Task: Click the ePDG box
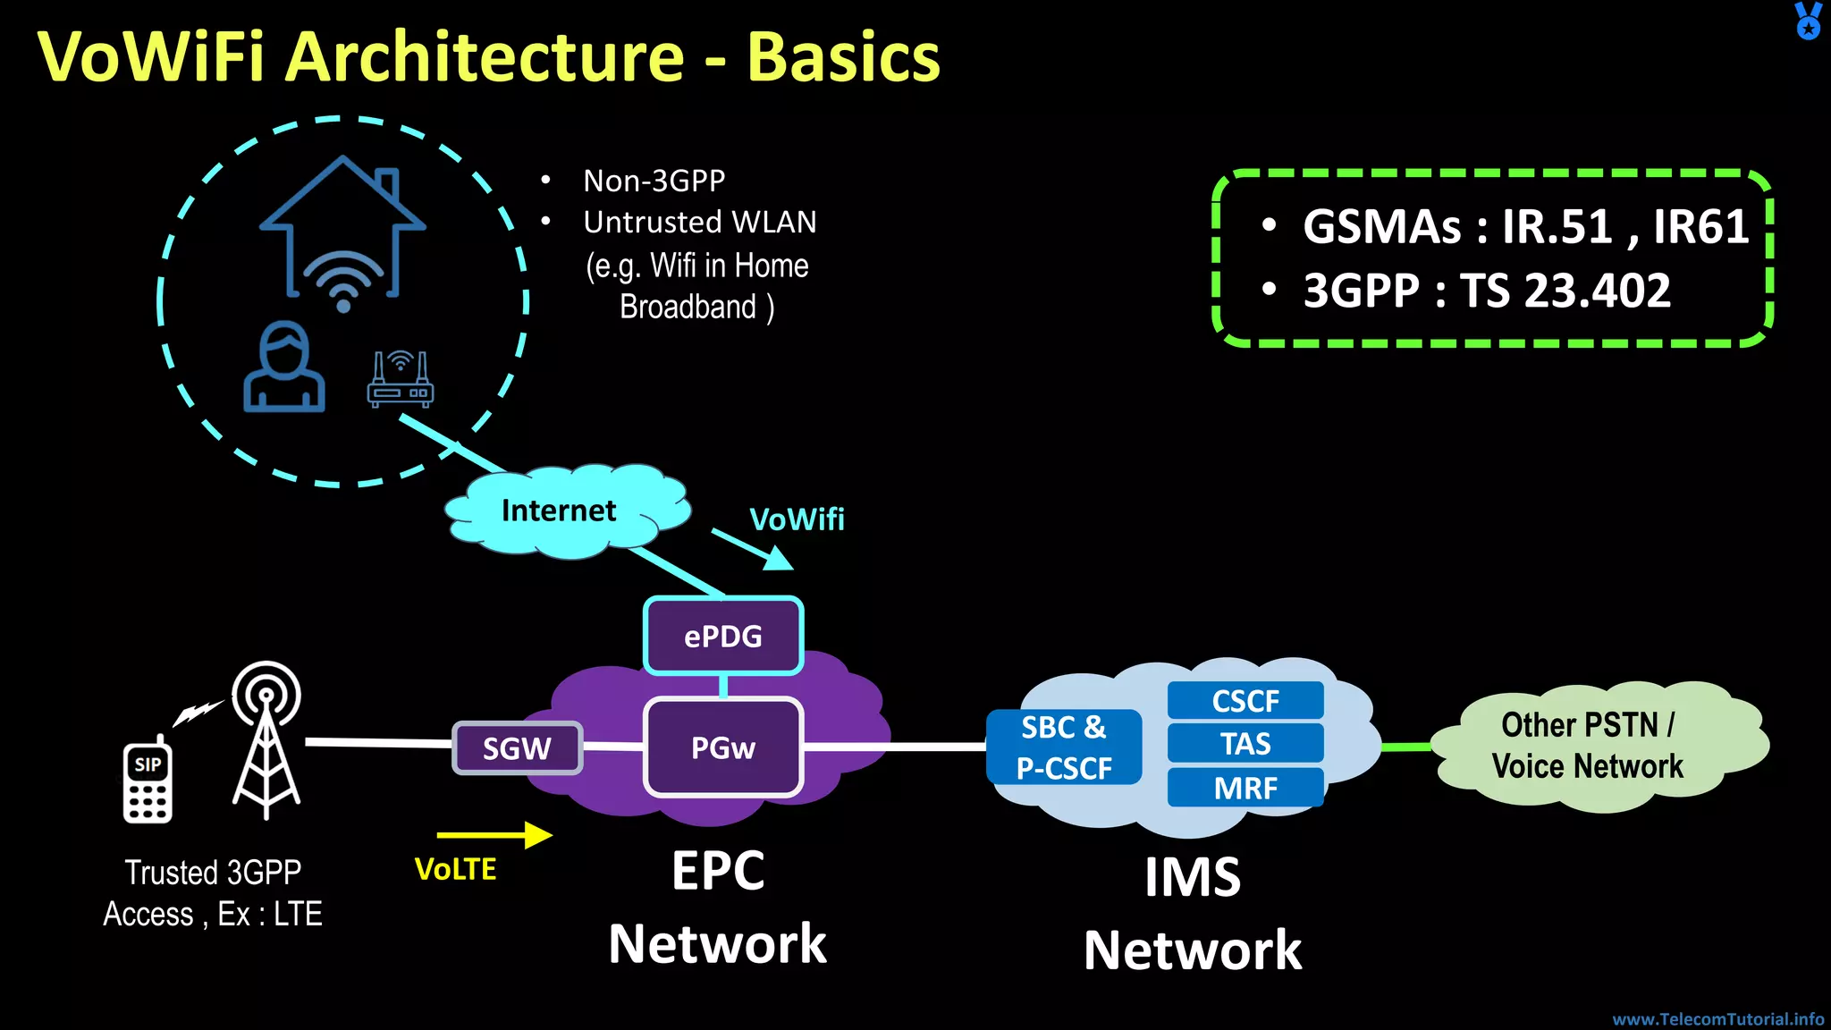point(722,636)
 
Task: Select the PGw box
point(722,747)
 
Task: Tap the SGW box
point(517,747)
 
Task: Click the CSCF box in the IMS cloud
point(1245,700)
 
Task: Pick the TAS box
point(1245,743)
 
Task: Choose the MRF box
point(1245,788)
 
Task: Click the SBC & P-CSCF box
point(1063,747)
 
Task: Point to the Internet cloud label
point(559,511)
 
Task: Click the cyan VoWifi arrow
point(753,548)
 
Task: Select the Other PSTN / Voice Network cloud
point(1587,746)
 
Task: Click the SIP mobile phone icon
point(148,781)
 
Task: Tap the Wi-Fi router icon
point(400,380)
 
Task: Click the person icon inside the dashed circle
point(284,367)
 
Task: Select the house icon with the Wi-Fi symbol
point(342,232)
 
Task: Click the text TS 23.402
point(1565,291)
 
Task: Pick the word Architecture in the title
point(488,56)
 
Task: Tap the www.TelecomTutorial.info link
point(1717,1018)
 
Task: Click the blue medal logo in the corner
point(1808,21)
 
